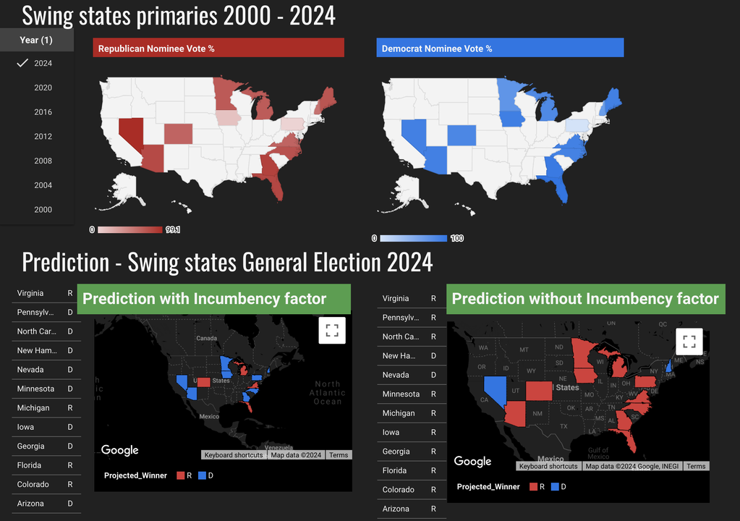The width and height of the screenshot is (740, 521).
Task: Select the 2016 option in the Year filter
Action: (43, 112)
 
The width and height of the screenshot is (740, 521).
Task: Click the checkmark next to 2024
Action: (22, 63)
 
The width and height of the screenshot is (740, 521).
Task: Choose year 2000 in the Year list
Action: (43, 210)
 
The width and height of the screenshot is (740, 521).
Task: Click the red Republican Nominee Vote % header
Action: (218, 48)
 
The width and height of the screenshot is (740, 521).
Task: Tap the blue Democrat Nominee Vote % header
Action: (499, 48)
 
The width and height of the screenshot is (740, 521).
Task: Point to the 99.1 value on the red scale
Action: (173, 230)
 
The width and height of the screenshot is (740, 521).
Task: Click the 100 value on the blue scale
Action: (456, 238)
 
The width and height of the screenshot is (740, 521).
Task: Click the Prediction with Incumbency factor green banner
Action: (213, 299)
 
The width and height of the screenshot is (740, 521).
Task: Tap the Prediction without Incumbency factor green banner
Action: (585, 299)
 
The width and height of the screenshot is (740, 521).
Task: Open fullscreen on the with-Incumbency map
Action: (332, 331)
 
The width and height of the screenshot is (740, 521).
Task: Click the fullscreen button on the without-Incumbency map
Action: (689, 341)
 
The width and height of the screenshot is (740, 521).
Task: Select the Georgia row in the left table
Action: (31, 446)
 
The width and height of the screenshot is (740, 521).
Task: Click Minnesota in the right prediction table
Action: (401, 394)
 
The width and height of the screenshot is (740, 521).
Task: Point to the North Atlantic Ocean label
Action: (328, 393)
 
